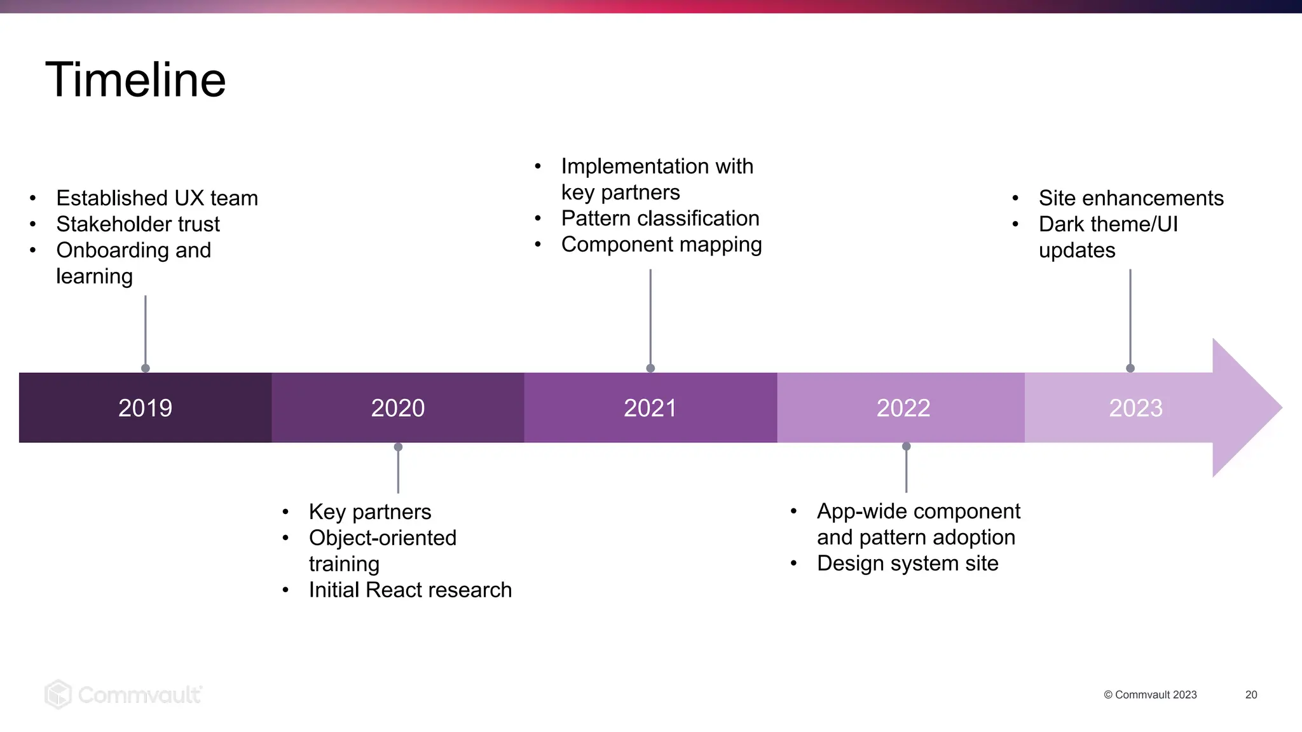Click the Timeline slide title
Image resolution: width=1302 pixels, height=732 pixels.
pos(135,80)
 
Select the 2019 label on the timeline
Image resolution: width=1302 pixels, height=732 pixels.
pos(145,408)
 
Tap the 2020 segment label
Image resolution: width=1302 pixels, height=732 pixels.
pos(398,408)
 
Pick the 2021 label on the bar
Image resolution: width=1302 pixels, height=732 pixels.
pos(650,408)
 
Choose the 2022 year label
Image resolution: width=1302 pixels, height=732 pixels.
pos(903,408)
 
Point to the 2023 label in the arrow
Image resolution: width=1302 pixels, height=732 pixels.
pos(1135,408)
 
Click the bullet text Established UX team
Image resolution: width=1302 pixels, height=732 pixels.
pos(157,198)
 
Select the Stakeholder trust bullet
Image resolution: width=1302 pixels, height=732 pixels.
pos(138,224)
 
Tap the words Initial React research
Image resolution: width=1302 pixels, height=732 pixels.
pos(410,590)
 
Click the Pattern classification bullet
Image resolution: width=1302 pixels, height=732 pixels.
pos(660,219)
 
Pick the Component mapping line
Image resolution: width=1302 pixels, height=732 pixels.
pos(661,245)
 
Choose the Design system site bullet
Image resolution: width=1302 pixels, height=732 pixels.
pos(907,564)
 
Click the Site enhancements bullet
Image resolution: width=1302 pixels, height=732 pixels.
pos(1131,198)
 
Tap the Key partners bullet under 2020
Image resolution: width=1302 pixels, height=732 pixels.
pos(370,512)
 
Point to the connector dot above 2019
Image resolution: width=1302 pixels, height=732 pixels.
pos(146,368)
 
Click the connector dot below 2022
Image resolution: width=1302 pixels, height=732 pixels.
pos(907,447)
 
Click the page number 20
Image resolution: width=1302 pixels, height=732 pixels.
pos(1251,695)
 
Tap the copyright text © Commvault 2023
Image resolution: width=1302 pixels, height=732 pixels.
pos(1150,695)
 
